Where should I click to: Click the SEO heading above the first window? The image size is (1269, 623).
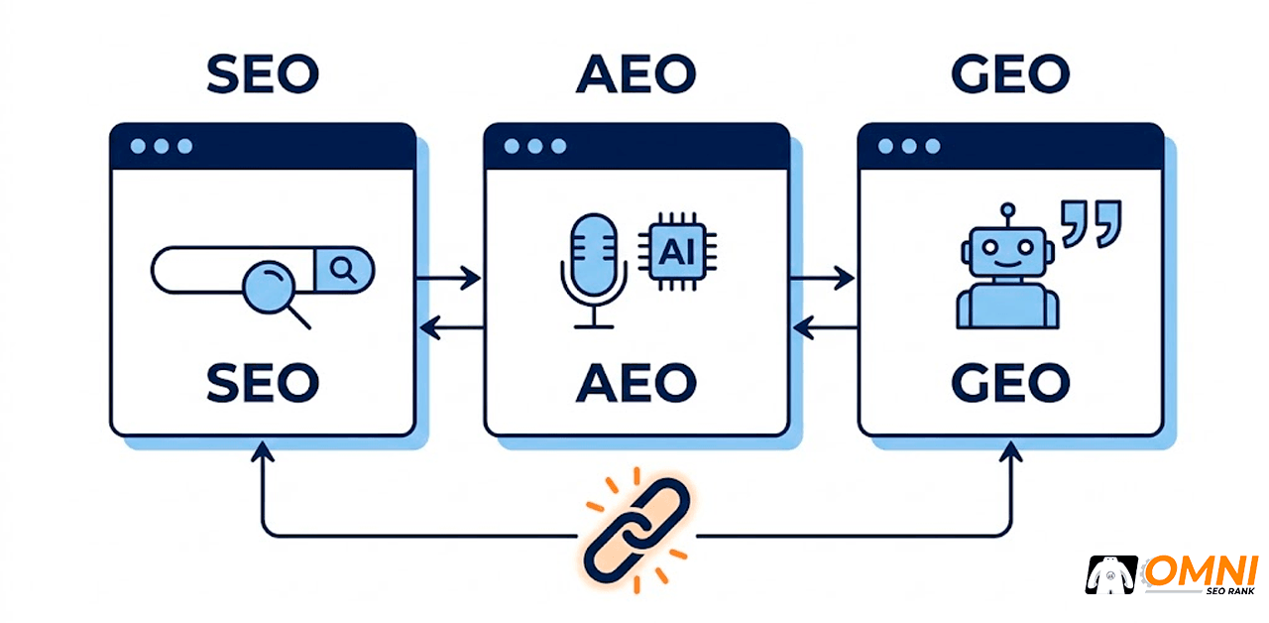click(x=263, y=73)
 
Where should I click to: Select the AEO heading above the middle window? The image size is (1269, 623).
click(x=636, y=73)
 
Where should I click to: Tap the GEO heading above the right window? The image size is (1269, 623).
click(x=1010, y=73)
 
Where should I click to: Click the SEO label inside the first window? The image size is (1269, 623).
click(x=263, y=383)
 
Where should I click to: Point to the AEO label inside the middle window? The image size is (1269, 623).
click(x=636, y=383)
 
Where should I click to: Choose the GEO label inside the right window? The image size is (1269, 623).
click(x=1010, y=383)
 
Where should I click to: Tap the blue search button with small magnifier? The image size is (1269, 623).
click(x=344, y=270)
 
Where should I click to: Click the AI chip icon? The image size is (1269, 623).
click(x=677, y=252)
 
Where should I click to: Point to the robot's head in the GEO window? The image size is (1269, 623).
click(x=1008, y=251)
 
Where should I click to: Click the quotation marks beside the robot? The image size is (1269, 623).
click(x=1092, y=224)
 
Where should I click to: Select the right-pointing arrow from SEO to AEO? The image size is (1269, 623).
click(x=449, y=279)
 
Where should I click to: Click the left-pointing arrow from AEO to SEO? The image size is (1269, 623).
click(x=452, y=327)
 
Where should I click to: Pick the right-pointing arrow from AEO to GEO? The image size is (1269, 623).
click(x=823, y=279)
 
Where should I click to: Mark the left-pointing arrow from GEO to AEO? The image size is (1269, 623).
click(x=826, y=327)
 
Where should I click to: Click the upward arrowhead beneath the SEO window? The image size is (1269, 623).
click(x=263, y=451)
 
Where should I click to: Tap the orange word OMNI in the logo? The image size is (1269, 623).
click(x=1201, y=571)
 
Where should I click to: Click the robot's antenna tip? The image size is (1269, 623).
click(x=1008, y=209)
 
